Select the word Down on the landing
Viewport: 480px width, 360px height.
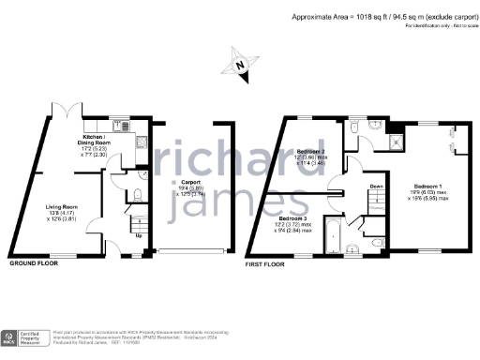click(x=375, y=186)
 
